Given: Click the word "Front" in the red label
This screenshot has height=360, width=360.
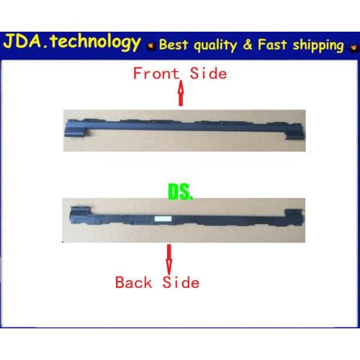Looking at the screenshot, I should coord(154,73).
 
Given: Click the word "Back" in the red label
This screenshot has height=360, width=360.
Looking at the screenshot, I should coord(134,282).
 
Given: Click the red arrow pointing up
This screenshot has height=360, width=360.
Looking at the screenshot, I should coord(181,93).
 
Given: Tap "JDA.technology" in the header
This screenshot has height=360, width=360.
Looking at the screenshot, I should coord(72,42).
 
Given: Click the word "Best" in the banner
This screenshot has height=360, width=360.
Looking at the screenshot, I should coord(176,45).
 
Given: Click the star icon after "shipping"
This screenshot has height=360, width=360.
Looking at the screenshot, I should coord(352,47).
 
